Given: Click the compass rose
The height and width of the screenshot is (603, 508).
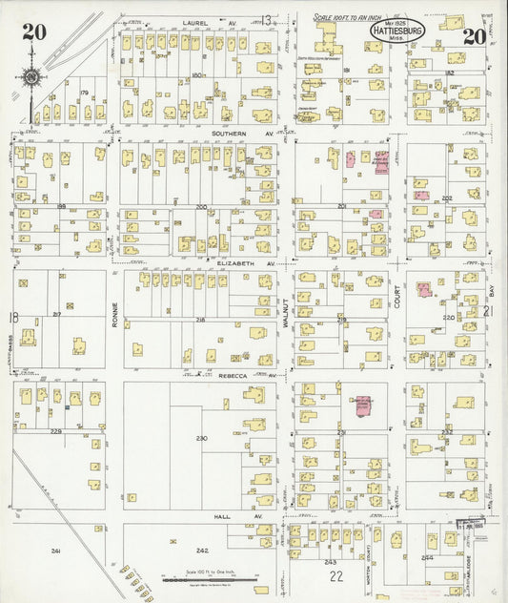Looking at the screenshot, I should [31, 77].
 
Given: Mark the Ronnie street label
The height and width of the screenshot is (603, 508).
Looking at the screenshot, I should [114, 314].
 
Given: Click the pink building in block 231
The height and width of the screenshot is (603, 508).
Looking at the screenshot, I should [363, 405].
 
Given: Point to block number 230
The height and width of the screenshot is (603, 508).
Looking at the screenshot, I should [201, 438].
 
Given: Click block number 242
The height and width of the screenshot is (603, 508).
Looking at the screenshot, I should [202, 551].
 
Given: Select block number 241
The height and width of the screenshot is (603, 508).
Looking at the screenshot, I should [56, 551].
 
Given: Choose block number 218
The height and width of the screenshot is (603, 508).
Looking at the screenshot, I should [201, 320].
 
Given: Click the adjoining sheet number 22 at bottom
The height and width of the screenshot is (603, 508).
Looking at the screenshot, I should [335, 576].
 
